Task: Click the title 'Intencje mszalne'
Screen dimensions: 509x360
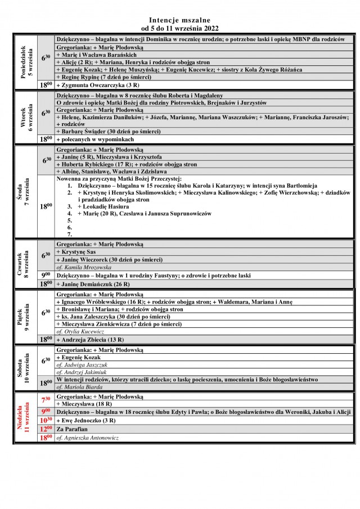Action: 180,19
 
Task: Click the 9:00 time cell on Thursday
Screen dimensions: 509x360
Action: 46,276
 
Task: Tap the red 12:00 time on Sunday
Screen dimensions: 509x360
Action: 46,429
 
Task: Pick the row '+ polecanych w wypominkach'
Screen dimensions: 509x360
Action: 95,139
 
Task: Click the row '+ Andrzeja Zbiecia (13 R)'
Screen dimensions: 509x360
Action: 90,340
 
